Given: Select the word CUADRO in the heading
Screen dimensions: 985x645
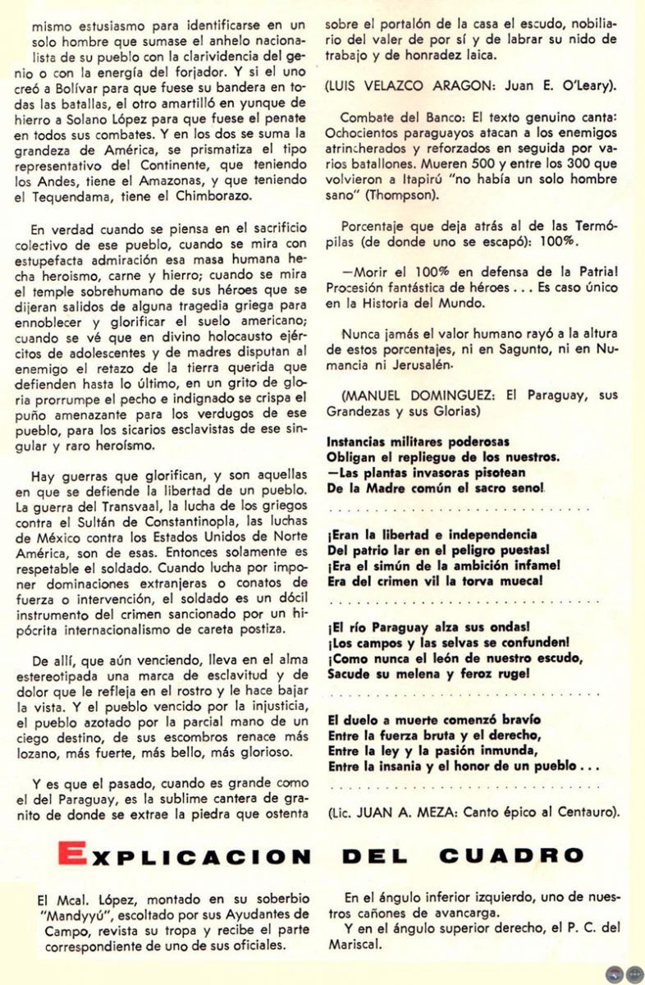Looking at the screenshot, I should [510, 855].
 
